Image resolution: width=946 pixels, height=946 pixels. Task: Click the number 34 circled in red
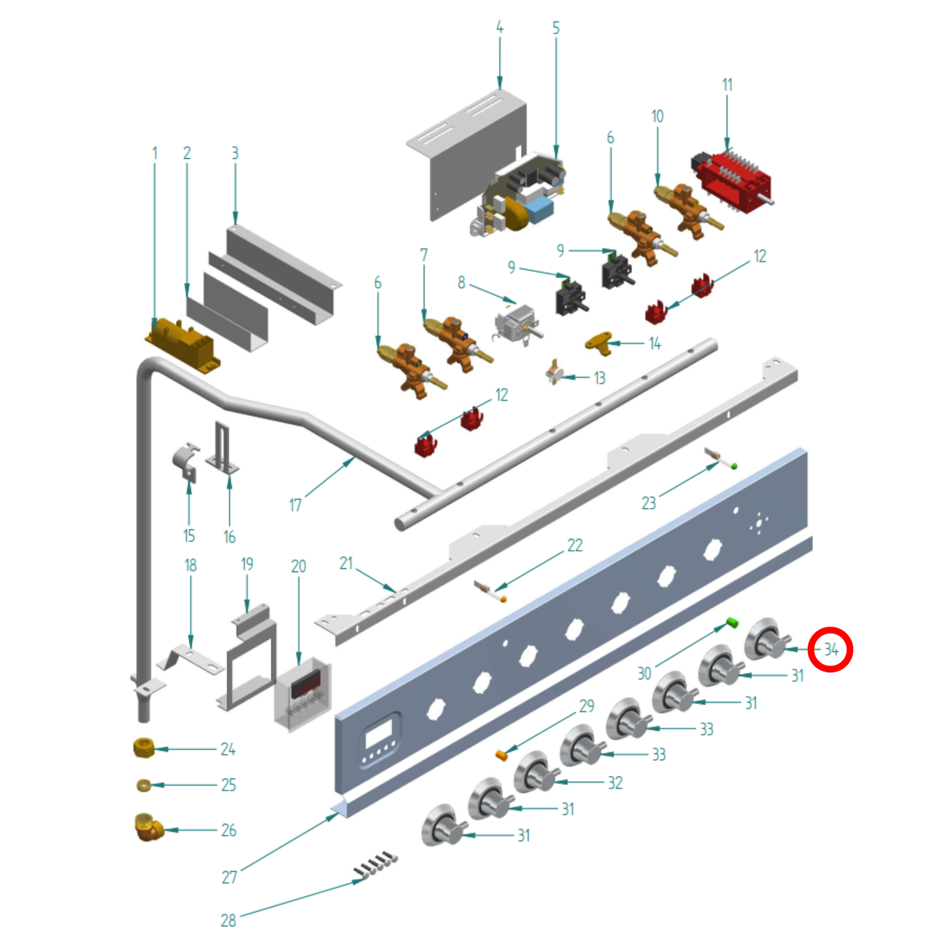click(x=831, y=650)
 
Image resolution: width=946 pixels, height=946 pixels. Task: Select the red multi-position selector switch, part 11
click(x=732, y=181)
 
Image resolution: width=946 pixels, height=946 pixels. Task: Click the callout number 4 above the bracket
click(x=500, y=27)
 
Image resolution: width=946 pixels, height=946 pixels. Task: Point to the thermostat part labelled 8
click(x=518, y=324)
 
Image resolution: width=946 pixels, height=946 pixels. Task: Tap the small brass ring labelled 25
click(x=144, y=786)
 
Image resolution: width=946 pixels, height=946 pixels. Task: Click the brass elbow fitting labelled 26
click(x=149, y=828)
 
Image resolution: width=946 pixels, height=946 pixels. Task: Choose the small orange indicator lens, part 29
click(x=501, y=755)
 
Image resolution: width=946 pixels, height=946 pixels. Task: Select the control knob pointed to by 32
click(x=536, y=774)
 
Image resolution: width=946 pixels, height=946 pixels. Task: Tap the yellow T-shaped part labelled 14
click(x=598, y=340)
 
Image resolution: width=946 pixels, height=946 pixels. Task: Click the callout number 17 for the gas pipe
click(x=295, y=505)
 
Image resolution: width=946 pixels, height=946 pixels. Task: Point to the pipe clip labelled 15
click(x=186, y=462)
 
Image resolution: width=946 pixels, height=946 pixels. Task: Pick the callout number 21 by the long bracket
click(x=346, y=563)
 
